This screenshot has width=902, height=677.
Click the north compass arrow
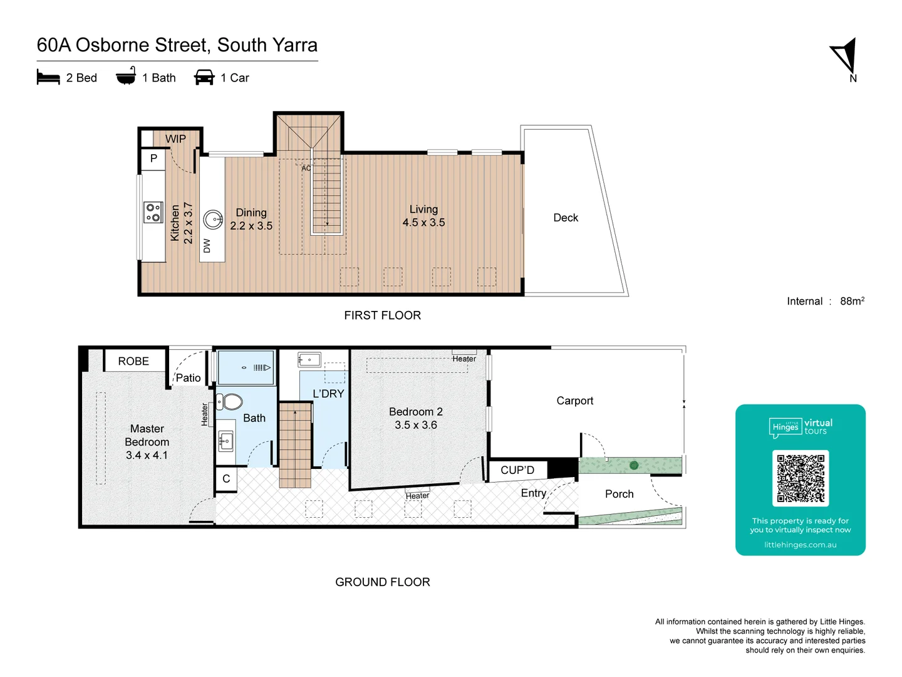point(845,56)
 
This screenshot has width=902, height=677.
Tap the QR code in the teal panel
point(801,478)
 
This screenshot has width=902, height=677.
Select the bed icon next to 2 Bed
point(48,78)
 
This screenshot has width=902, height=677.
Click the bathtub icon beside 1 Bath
point(126,76)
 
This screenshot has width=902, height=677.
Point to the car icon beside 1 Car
point(204,78)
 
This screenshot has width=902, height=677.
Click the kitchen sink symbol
point(214,219)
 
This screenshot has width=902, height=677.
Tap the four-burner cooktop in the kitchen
point(153,213)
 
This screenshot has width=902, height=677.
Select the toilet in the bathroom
point(229,401)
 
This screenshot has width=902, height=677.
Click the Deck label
point(566,218)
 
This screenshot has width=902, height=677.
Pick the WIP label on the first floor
point(175,139)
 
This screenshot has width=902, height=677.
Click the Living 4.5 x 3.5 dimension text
point(423,223)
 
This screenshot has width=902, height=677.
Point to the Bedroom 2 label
point(415,412)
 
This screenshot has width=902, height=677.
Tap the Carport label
point(574,401)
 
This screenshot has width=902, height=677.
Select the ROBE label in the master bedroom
point(133,361)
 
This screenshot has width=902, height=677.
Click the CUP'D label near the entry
point(517,470)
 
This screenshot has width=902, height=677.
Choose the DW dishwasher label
point(207,246)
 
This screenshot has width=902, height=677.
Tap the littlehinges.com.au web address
point(800,545)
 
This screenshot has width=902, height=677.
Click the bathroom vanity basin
point(225,441)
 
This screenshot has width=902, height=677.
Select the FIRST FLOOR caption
point(382,315)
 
